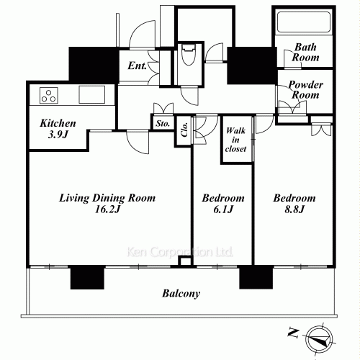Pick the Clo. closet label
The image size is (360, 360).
coord(184,129)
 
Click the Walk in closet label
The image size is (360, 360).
coord(236,140)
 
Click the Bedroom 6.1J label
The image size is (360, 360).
coord(222,203)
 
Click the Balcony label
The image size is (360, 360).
coord(180,294)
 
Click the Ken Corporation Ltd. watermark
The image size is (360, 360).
coord(180,253)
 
